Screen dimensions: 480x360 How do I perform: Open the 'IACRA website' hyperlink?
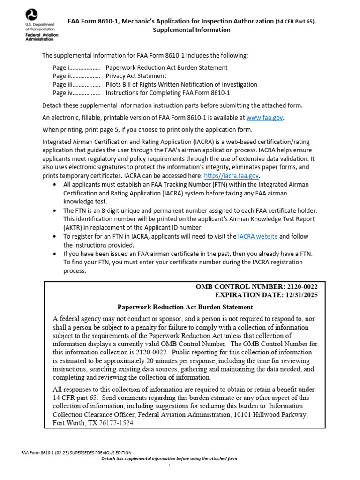tap(257, 236)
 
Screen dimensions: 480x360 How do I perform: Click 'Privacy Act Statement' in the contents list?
tap(136, 76)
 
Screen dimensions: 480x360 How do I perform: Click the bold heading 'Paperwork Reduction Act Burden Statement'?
tap(185, 307)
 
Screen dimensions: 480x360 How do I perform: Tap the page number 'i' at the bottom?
tap(169, 464)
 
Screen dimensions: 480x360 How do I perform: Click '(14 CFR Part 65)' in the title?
tap(299, 21)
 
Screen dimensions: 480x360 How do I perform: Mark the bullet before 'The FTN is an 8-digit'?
tap(56, 210)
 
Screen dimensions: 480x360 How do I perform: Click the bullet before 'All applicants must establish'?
tap(56, 185)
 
